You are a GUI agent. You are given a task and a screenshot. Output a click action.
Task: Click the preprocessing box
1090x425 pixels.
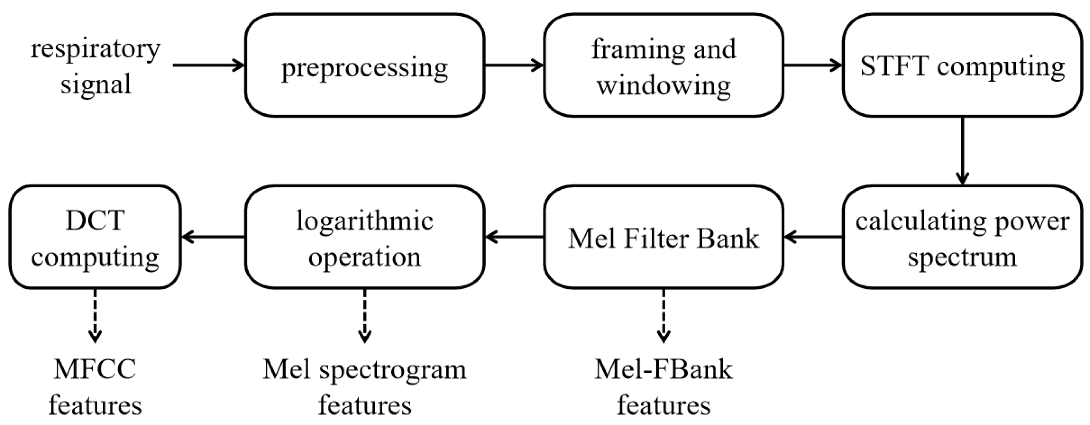[x=364, y=65]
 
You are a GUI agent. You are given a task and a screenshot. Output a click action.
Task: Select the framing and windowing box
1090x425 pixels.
[x=663, y=65]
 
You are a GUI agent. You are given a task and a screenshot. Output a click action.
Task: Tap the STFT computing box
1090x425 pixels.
[x=962, y=65]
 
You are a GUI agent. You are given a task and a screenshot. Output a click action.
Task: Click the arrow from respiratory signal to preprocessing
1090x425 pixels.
[x=209, y=65]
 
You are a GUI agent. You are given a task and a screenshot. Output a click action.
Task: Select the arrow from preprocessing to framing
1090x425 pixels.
[x=514, y=65]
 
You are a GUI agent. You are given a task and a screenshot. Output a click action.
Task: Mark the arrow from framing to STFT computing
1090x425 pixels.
[x=812, y=65]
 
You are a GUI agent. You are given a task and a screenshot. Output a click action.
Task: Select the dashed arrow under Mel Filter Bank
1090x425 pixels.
[x=663, y=315]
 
